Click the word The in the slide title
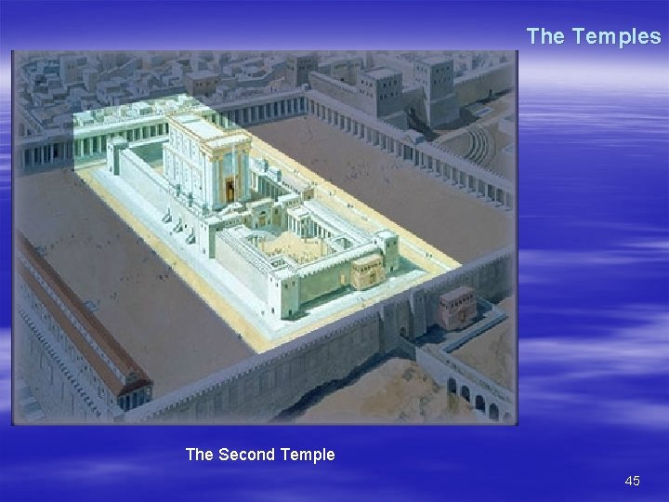pyautogui.click(x=545, y=36)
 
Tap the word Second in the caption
pyautogui.click(x=246, y=455)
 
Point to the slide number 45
pyautogui.click(x=633, y=481)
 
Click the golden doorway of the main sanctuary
pyautogui.click(x=230, y=190)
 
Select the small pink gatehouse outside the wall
pyautogui.click(x=457, y=306)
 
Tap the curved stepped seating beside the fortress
pyautogui.click(x=479, y=144)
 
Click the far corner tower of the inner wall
pyautogui.click(x=118, y=156)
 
